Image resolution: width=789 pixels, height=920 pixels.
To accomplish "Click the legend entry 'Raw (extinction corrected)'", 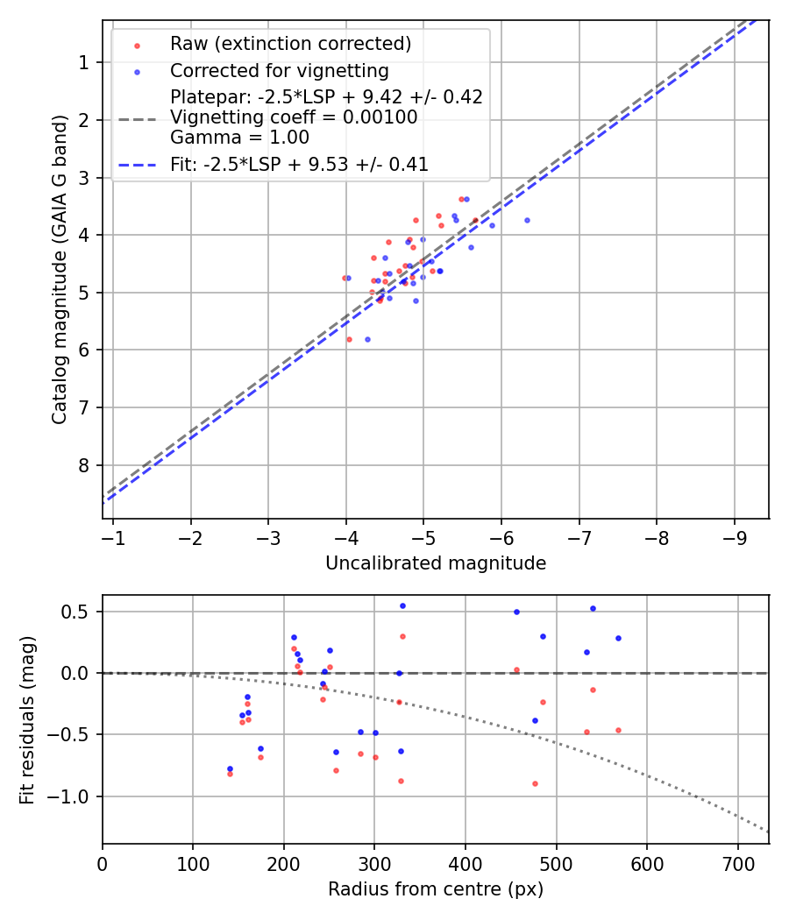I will [x=290, y=44].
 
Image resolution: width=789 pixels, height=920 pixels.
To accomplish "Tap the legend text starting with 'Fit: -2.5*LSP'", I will [x=299, y=164].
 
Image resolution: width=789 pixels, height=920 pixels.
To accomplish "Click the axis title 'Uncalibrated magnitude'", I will [x=436, y=563].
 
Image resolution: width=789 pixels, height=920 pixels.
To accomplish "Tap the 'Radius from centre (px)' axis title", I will [x=436, y=889].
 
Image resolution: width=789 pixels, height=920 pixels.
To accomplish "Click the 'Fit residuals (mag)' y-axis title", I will [x=27, y=720].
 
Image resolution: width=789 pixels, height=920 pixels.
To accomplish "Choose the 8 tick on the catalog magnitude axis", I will [x=85, y=465].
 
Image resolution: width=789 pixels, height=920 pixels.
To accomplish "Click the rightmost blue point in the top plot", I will [x=527, y=220].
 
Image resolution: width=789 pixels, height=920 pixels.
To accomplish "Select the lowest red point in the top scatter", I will [x=349, y=339].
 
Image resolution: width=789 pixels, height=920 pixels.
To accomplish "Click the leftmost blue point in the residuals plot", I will [x=230, y=768].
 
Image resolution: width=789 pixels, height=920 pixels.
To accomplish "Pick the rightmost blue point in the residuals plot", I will [x=618, y=638].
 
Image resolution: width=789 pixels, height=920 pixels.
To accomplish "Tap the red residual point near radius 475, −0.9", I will [x=535, y=783].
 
